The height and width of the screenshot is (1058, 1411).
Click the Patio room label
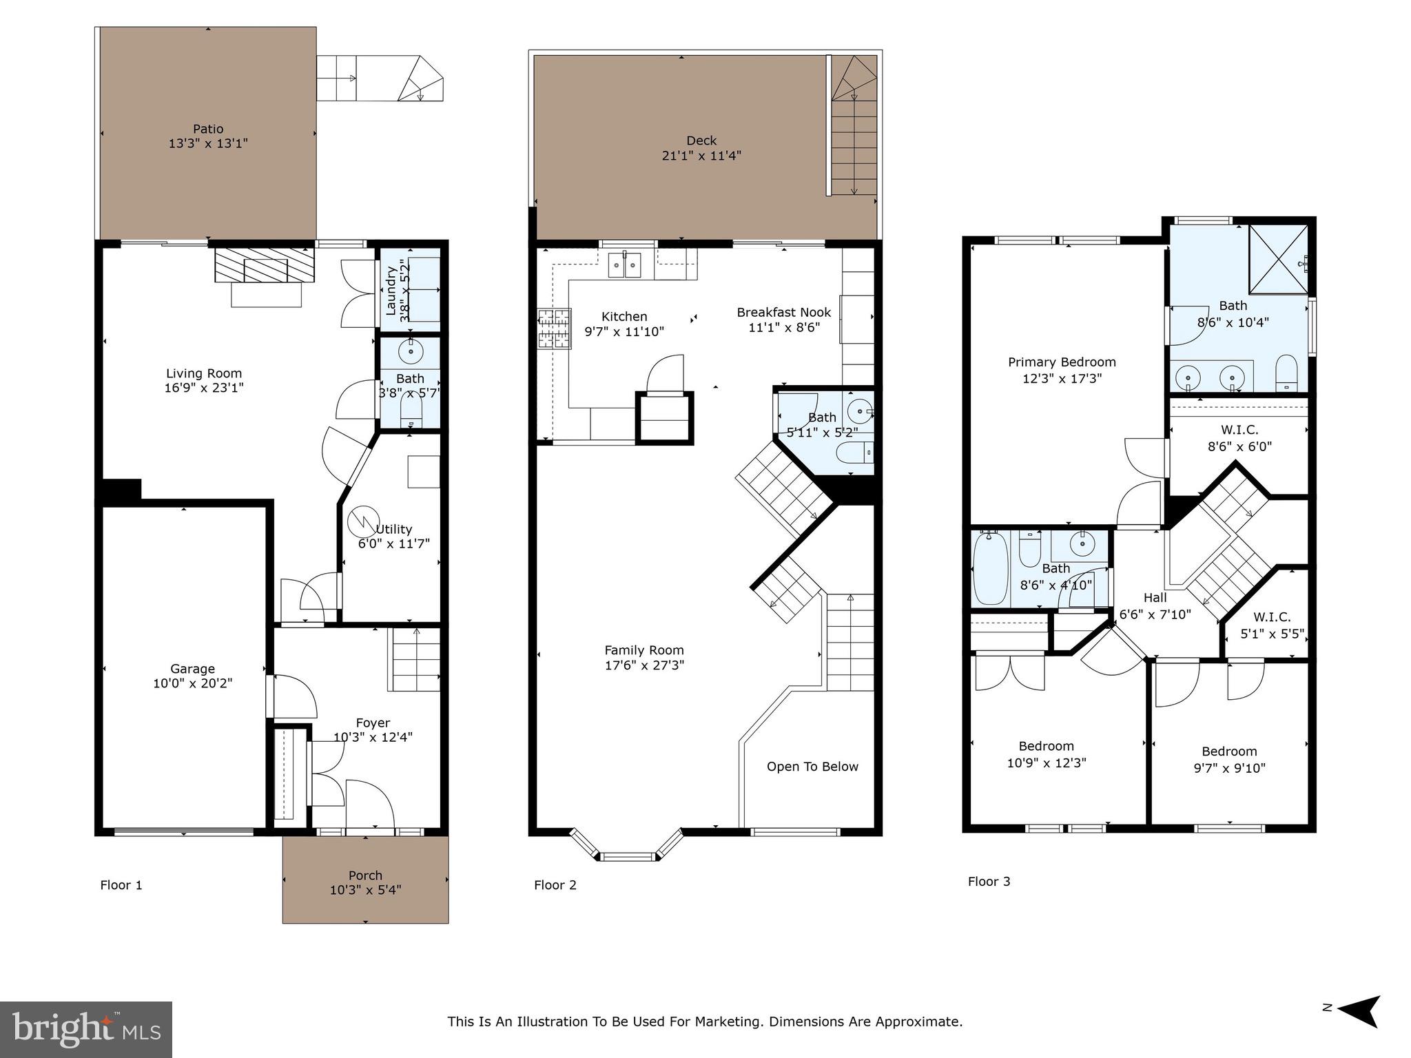tap(208, 129)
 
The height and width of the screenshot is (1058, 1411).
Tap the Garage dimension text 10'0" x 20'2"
tap(192, 683)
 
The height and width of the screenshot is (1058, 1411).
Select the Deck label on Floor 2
tap(701, 141)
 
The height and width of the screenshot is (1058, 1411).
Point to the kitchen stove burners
tap(555, 329)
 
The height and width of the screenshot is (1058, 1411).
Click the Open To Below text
tap(812, 767)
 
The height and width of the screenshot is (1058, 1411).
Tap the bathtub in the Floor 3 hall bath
tap(991, 569)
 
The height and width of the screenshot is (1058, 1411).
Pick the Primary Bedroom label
tap(1061, 362)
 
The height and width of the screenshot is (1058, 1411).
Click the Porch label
tap(365, 875)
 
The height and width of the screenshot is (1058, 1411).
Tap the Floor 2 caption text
tap(555, 885)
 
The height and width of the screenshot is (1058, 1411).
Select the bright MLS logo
tap(85, 1030)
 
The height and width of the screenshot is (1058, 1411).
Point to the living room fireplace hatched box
tap(265, 265)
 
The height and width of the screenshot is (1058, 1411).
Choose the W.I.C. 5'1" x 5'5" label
tap(1272, 625)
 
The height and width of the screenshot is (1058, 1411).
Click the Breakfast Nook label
tap(783, 312)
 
